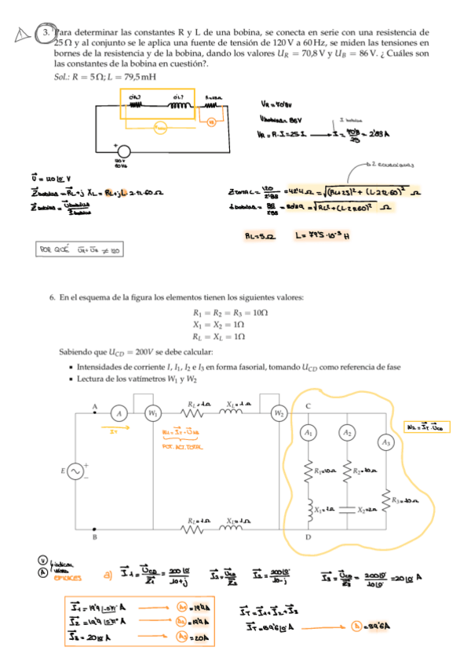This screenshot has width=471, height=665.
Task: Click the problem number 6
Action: pyautogui.click(x=52, y=298)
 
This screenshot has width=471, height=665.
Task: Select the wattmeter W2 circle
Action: pyautogui.click(x=279, y=412)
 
